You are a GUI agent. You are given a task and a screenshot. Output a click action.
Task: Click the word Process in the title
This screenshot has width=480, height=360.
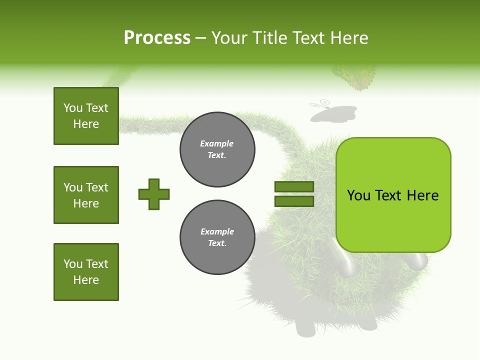click(157, 38)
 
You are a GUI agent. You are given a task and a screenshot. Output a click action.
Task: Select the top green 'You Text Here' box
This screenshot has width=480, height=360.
click(86, 116)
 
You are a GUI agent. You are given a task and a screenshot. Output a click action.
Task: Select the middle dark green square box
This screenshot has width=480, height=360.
click(86, 195)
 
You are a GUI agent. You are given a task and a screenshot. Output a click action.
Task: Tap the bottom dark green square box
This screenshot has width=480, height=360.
click(86, 272)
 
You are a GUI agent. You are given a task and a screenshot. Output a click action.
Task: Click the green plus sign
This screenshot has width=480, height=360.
click(154, 194)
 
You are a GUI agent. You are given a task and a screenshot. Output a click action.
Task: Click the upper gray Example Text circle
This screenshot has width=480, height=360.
click(217, 149)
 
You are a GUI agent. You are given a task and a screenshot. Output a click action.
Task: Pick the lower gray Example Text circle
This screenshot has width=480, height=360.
click(217, 237)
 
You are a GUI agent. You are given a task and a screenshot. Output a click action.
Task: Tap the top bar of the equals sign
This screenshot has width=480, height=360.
click(294, 187)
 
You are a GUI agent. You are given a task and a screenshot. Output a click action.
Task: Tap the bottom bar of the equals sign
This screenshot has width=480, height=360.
click(294, 201)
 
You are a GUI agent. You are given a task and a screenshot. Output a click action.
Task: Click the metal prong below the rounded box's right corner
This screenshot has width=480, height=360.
click(418, 260)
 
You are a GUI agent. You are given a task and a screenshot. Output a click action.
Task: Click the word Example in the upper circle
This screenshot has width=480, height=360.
click(217, 144)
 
